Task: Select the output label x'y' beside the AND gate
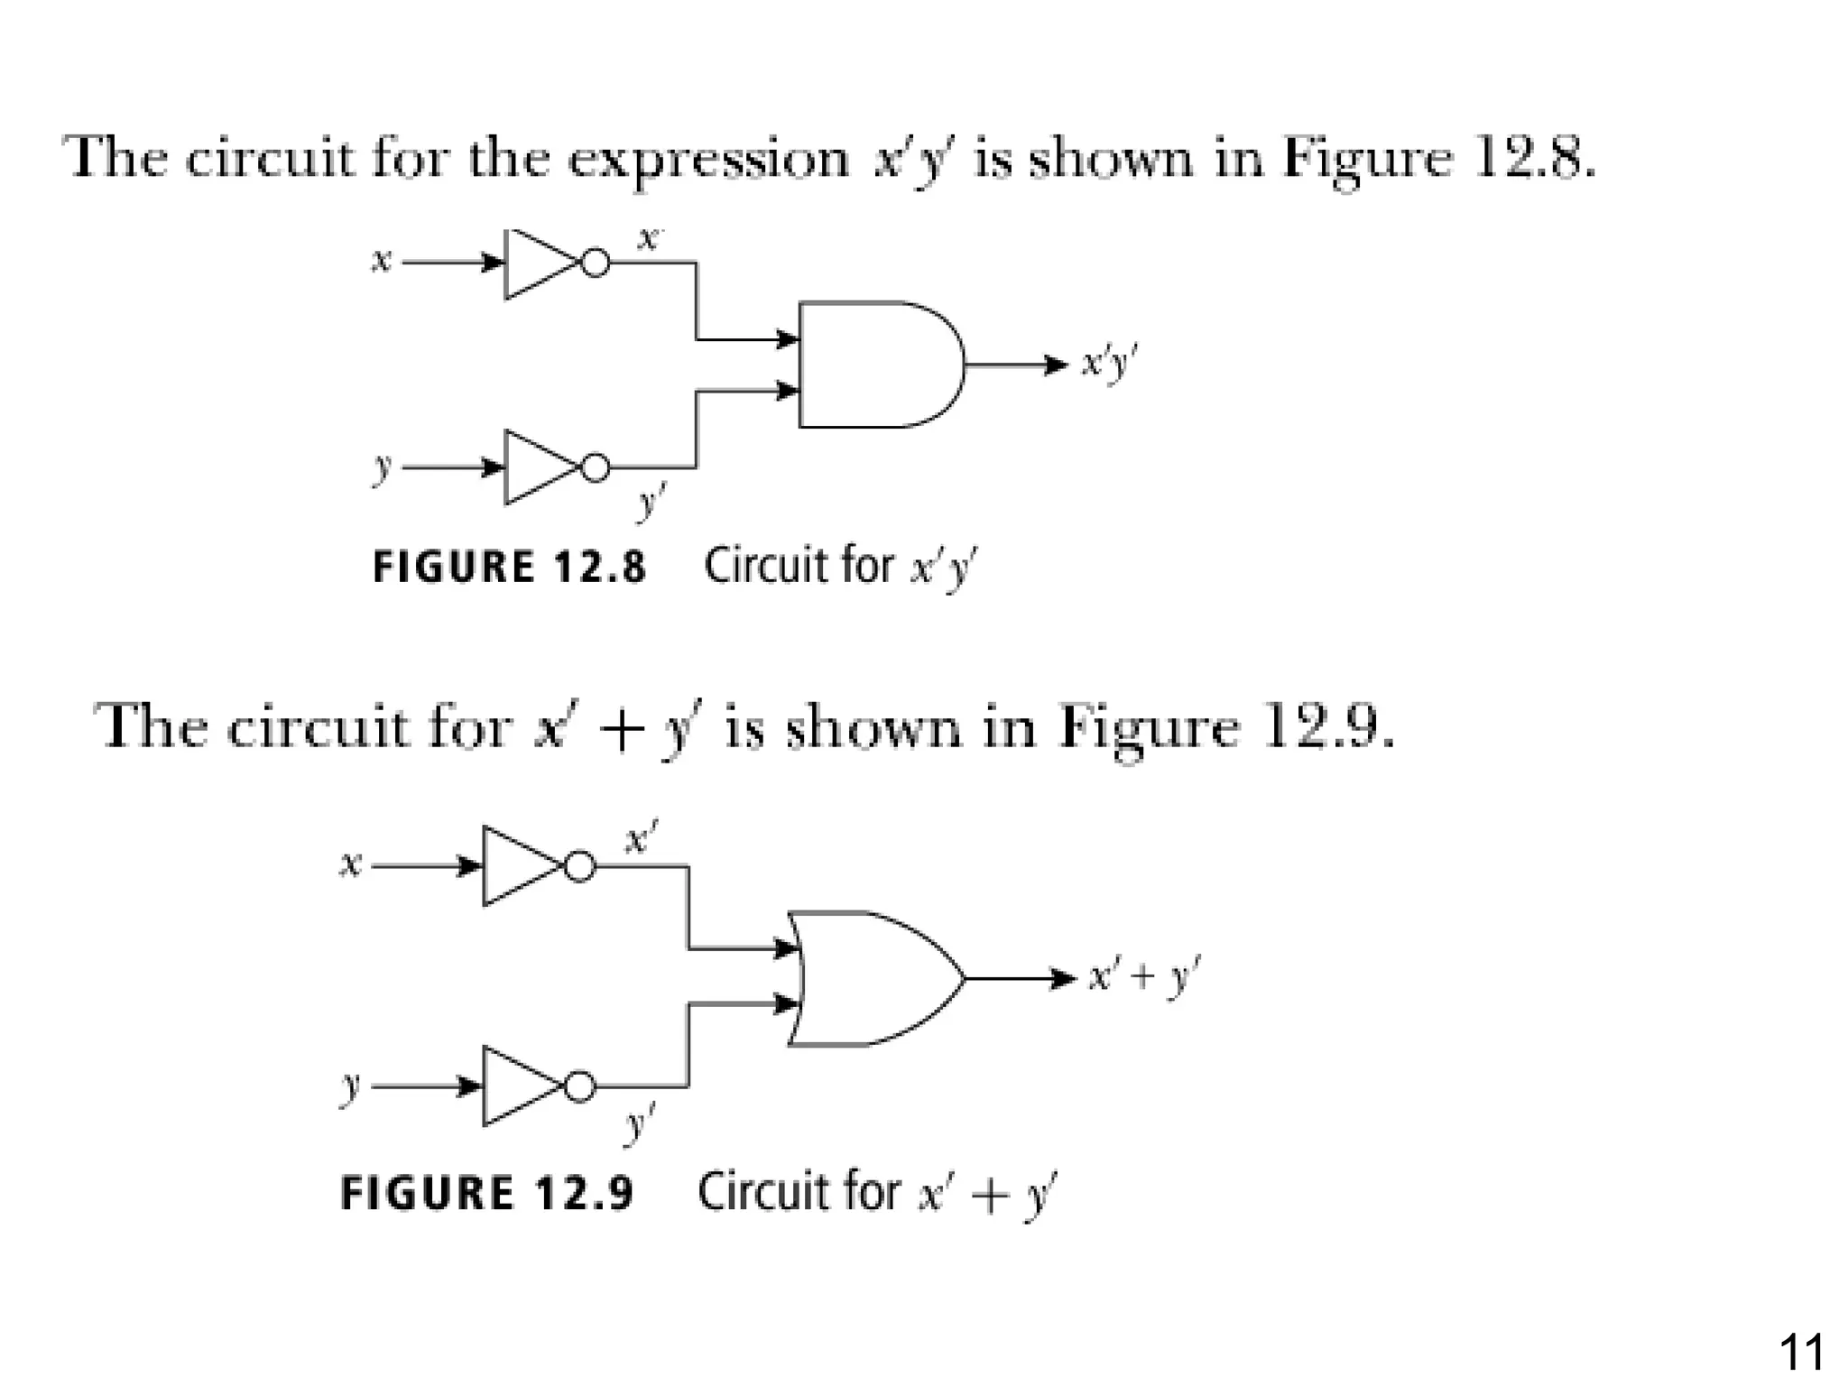tap(1110, 365)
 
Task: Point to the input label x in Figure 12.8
tap(382, 262)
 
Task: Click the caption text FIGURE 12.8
tap(510, 567)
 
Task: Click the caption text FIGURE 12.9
tap(487, 1193)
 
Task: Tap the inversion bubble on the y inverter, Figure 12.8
tap(595, 467)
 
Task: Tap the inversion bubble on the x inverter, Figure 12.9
tap(580, 866)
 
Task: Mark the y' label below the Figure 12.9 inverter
tap(639, 1124)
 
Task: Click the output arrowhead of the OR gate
tap(1064, 978)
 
